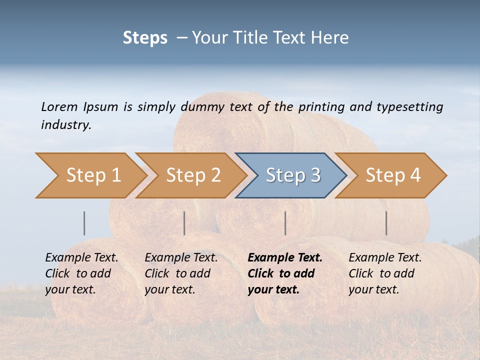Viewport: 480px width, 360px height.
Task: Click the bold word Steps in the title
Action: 145,38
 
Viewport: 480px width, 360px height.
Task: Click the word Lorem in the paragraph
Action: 59,106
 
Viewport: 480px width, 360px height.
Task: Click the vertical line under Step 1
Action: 84,223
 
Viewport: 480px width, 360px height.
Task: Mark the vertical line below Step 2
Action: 184,223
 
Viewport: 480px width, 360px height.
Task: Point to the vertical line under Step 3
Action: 285,223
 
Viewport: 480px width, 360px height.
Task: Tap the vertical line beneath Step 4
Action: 386,223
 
